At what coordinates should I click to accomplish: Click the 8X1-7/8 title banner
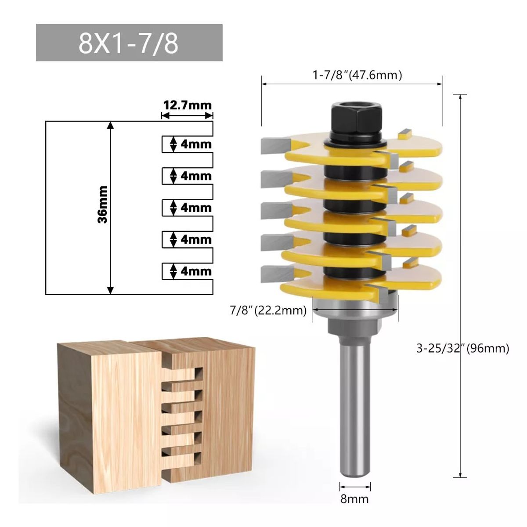click(x=129, y=43)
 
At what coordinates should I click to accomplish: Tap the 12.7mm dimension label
click(x=188, y=105)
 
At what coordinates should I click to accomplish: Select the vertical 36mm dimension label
click(x=102, y=204)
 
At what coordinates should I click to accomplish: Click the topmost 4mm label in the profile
click(x=196, y=144)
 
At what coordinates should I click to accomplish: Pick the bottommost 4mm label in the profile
click(x=196, y=271)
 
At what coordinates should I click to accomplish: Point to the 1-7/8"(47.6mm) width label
click(x=357, y=75)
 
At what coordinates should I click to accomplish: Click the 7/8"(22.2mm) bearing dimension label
click(x=268, y=310)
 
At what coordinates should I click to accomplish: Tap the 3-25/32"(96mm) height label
click(x=462, y=348)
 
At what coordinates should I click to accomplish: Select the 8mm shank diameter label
click(x=355, y=499)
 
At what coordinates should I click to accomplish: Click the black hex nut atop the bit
click(x=356, y=117)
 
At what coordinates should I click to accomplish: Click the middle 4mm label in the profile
click(x=196, y=207)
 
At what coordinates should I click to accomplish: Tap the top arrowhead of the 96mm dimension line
click(x=460, y=97)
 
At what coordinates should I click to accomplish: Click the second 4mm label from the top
click(x=196, y=176)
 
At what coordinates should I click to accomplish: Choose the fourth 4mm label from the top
click(x=196, y=239)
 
